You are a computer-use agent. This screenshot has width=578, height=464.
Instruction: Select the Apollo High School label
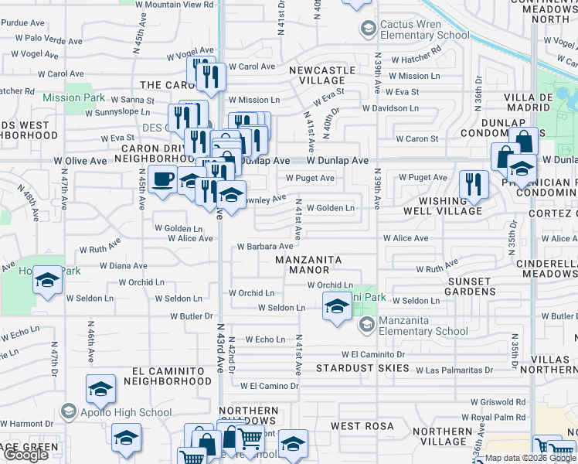(x=126, y=412)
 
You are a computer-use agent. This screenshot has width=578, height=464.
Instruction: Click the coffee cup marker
(x=161, y=180)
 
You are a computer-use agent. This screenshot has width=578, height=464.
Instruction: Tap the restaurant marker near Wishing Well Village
(x=473, y=185)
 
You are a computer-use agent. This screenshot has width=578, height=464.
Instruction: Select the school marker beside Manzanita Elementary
(x=336, y=309)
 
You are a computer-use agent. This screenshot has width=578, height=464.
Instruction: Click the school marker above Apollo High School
(x=100, y=390)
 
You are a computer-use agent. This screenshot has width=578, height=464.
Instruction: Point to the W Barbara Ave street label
(x=264, y=246)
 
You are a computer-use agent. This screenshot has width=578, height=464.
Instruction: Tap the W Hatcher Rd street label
(x=416, y=60)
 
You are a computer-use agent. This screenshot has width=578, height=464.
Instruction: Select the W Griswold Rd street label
(x=498, y=402)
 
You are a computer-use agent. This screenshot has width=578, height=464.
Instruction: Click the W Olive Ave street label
(x=80, y=161)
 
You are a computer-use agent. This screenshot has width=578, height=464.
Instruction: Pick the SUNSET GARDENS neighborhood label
(x=470, y=286)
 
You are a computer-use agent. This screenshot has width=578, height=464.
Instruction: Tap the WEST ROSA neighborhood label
(x=362, y=426)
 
